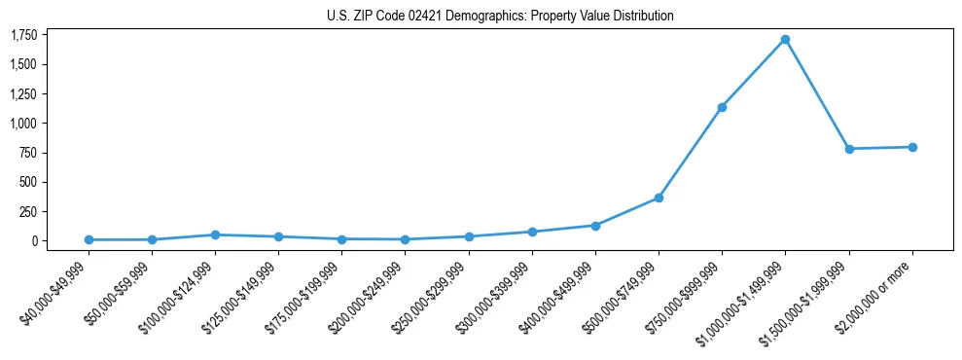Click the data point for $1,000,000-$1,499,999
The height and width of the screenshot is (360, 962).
785,40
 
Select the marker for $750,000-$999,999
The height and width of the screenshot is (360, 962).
722,107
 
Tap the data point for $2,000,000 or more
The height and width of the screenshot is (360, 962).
912,147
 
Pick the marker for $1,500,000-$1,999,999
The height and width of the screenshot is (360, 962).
849,149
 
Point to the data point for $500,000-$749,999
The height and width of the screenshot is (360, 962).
659,198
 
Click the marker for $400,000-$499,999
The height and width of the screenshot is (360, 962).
595,226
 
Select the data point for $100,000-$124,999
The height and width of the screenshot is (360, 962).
215,234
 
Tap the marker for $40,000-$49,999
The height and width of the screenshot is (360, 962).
89,239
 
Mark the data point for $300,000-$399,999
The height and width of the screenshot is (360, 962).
532,232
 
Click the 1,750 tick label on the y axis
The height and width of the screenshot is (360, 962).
23,35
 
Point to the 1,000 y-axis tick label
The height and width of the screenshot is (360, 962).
23,124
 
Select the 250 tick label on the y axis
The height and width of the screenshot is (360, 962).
28,211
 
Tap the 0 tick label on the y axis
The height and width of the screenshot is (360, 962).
34,240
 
